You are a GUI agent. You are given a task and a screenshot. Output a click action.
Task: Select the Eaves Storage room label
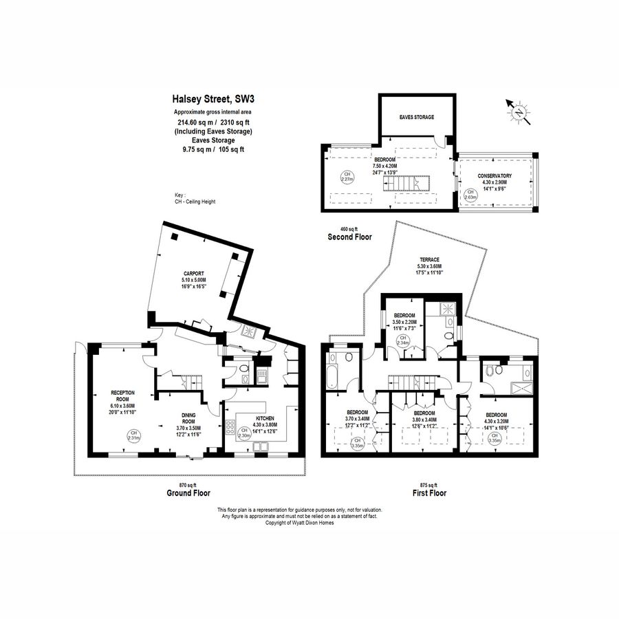417,117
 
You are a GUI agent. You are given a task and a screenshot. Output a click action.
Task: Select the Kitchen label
265,418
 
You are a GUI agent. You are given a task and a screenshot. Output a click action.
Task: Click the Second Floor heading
349,237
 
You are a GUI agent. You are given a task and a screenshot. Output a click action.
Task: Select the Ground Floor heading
188,493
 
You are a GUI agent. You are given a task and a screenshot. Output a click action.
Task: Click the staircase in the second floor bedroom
414,184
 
